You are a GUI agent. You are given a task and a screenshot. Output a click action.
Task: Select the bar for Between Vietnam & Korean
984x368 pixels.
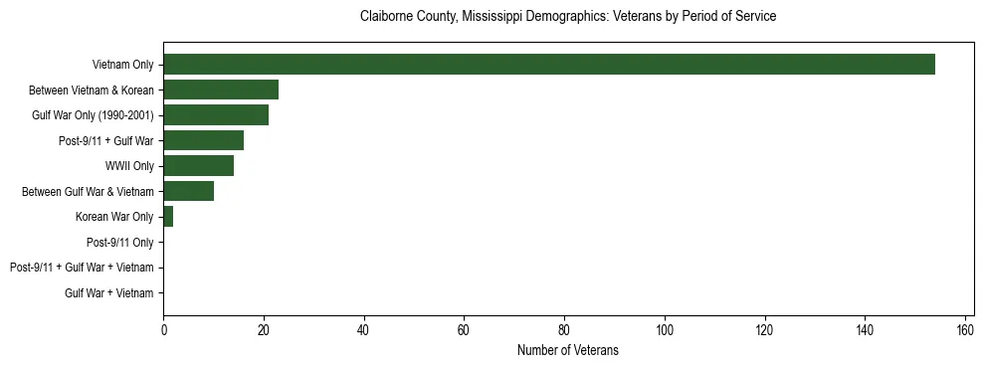coord(221,90)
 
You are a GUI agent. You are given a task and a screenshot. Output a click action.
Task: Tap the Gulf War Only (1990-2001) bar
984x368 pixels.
coord(216,115)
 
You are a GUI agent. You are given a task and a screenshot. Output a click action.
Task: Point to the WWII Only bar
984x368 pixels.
coord(198,166)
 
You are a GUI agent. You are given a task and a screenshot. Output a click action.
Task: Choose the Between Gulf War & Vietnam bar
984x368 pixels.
coord(188,191)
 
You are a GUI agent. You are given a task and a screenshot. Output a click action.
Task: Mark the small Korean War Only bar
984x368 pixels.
coord(168,217)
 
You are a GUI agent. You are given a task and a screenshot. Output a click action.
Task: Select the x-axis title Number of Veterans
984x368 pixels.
coord(567,350)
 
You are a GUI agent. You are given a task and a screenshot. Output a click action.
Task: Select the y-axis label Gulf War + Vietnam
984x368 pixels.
coord(108,293)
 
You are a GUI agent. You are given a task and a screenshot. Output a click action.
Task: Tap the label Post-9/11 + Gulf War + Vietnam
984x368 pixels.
coord(82,268)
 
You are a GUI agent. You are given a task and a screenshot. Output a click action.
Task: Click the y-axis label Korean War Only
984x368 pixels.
coord(114,217)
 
